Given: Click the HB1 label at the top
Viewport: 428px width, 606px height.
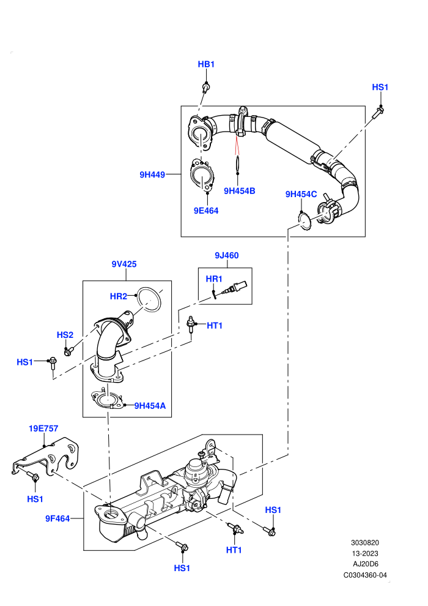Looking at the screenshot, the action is coord(206,64).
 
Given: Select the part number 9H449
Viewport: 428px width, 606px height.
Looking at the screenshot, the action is coord(152,174).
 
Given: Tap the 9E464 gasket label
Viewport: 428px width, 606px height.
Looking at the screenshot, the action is coord(206,211).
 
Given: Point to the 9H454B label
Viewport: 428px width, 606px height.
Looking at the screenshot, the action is coord(239,191).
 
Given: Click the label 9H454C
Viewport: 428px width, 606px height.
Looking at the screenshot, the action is coord(301,194).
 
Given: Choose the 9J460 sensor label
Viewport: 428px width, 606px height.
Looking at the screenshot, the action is coord(227,255).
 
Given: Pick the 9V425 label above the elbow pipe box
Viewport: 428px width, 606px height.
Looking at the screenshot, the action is coord(124,264).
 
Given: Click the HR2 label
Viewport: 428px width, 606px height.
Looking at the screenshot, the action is coord(119,296).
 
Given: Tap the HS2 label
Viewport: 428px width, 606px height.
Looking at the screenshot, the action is coord(65,335).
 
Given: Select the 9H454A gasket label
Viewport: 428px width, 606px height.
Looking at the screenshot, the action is coord(150,406).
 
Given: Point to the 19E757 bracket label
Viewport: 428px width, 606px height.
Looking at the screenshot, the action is coord(43,428).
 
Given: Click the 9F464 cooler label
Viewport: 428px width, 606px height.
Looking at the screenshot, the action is coord(57,518).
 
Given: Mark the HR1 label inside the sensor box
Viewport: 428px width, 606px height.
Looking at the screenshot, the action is coord(214,279).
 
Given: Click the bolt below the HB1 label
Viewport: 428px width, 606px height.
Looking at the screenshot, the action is coord(206,88).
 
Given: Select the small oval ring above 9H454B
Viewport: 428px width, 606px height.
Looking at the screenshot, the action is coord(238,163).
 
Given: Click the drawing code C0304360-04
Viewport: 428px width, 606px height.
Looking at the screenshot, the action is coord(365,575).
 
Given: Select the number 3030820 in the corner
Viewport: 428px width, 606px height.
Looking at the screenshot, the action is coord(364,542).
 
